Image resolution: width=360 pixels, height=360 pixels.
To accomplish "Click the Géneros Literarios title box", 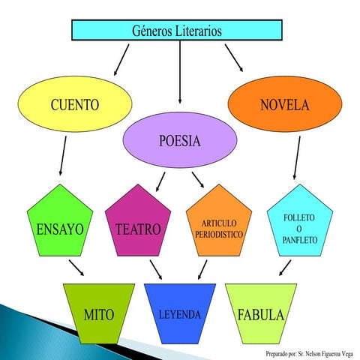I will click(x=176, y=31).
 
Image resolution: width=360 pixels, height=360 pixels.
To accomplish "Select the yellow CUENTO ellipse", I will click(x=74, y=104).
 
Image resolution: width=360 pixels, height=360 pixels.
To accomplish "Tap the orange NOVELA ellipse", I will click(x=284, y=104).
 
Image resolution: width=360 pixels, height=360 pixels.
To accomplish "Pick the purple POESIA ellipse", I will click(x=180, y=142).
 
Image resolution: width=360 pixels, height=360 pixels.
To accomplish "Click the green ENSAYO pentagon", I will click(x=59, y=225).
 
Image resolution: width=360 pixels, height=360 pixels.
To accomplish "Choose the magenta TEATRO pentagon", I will click(x=139, y=225).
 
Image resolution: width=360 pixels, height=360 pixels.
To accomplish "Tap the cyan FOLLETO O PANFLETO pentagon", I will click(x=299, y=225).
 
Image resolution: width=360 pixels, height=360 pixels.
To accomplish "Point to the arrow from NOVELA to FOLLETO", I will click(x=298, y=158).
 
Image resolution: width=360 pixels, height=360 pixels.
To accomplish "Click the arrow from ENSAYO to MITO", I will click(x=76, y=268).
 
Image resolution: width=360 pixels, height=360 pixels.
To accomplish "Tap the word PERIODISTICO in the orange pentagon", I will click(x=219, y=235).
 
